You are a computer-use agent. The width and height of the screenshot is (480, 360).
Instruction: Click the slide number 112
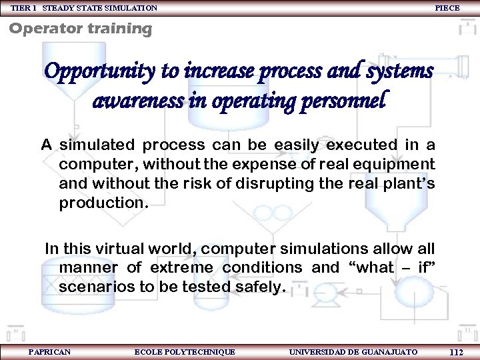(457, 352)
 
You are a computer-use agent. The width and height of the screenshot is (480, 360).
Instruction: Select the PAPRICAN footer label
(49, 351)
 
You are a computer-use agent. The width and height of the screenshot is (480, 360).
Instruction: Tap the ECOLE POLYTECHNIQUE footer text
(185, 351)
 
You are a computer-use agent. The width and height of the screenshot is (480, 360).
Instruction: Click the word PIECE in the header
(447, 7)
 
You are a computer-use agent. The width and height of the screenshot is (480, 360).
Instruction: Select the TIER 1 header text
(25, 7)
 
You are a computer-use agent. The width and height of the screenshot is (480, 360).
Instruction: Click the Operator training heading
(81, 29)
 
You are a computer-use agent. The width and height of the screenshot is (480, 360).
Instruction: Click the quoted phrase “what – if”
(392, 268)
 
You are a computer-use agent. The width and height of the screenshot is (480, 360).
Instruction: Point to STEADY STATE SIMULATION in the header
(100, 7)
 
